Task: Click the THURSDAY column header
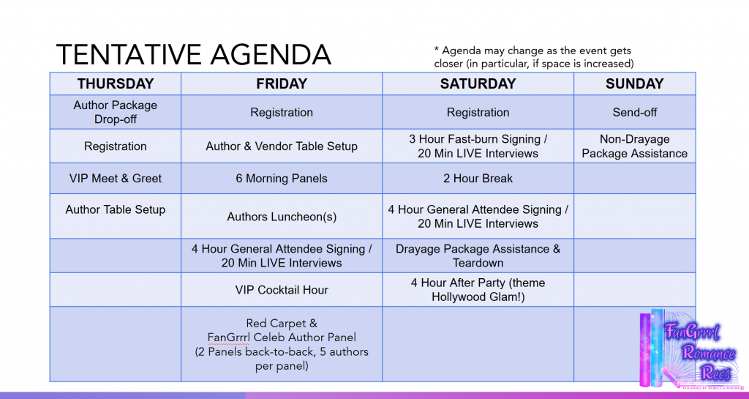click(x=116, y=83)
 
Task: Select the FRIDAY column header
click(x=282, y=83)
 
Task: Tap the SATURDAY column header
click(x=478, y=83)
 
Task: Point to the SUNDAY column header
click(x=634, y=83)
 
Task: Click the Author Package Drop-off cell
click(x=116, y=112)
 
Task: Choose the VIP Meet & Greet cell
click(x=116, y=178)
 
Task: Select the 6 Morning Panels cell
click(x=282, y=178)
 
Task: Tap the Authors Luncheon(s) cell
click(x=282, y=217)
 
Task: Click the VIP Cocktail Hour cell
click(x=282, y=290)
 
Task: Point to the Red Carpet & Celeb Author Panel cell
click(x=282, y=344)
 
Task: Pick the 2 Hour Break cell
click(x=478, y=178)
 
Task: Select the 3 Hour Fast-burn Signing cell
click(x=478, y=146)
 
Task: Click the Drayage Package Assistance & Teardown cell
click(x=478, y=256)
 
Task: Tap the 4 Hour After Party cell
click(x=478, y=290)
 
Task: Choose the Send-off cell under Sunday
click(x=634, y=112)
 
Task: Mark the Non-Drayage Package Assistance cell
click(x=634, y=146)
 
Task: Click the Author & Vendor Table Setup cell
click(x=282, y=146)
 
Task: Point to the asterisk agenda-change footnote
click(x=533, y=57)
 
